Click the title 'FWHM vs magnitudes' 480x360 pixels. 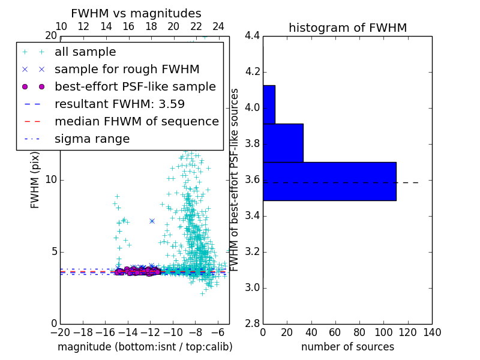[x=136, y=14]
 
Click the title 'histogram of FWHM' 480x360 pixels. [x=347, y=28]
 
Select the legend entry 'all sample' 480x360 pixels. [x=85, y=52]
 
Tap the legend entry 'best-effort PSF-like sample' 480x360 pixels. [x=135, y=87]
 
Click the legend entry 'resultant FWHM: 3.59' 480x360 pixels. [x=119, y=104]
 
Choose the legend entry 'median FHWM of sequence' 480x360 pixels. [x=136, y=122]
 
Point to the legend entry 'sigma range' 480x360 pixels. [x=92, y=139]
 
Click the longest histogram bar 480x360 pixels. [x=329, y=181]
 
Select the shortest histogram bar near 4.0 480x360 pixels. [x=269, y=104]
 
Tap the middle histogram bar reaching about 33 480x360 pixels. [x=283, y=143]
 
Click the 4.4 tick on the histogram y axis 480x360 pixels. [x=252, y=36]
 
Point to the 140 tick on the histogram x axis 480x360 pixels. [x=432, y=332]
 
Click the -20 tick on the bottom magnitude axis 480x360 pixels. [x=60, y=332]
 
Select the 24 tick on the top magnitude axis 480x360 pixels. [x=218, y=26]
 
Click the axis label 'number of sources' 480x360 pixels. [x=347, y=347]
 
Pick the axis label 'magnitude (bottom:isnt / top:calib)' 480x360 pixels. [x=145, y=347]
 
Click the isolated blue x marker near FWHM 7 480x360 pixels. [x=152, y=221]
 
